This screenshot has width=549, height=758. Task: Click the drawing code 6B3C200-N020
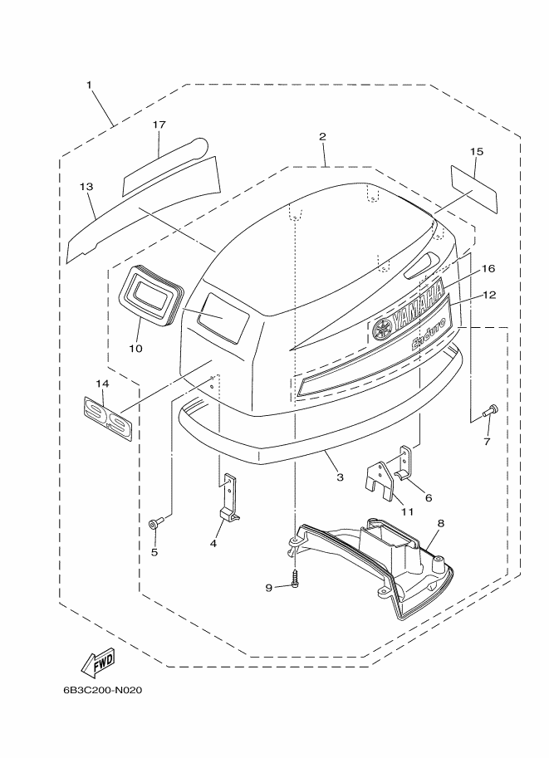(102, 690)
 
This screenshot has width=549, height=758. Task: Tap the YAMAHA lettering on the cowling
(418, 307)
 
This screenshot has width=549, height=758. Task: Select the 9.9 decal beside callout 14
(106, 419)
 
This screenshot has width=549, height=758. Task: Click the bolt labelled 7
(489, 410)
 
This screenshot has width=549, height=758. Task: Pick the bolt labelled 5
(157, 522)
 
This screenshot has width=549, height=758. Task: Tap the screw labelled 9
(295, 578)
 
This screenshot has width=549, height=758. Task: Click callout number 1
(89, 85)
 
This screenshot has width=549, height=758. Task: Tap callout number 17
(159, 125)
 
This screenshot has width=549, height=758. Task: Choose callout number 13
(86, 187)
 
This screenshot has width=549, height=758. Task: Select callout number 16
(488, 268)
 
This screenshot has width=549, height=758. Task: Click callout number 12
(489, 295)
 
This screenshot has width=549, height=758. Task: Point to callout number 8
(441, 523)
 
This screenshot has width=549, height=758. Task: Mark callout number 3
(340, 477)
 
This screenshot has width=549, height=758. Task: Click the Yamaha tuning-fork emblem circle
(381, 330)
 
